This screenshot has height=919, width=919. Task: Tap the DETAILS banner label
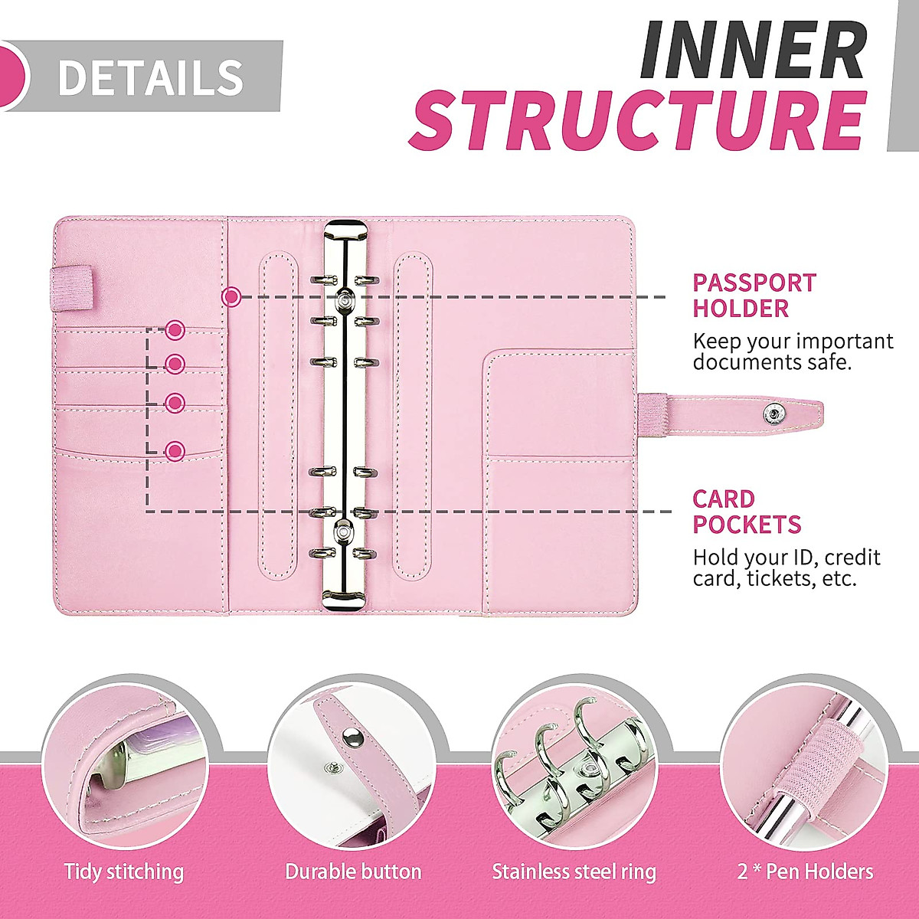[150, 77]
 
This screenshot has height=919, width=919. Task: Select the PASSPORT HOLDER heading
[754, 296]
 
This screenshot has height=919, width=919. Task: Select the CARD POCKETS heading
[746, 512]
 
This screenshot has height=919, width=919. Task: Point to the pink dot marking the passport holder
[231, 296]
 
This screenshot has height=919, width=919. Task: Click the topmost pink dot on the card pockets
[175, 330]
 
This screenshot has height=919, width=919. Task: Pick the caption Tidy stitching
[124, 872]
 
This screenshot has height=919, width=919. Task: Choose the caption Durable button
[353, 872]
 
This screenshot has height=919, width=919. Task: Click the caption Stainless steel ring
[574, 872]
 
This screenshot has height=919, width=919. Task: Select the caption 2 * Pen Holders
[805, 872]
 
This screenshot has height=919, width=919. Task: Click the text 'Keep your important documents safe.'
[792, 352]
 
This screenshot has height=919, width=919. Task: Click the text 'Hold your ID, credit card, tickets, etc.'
[786, 567]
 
